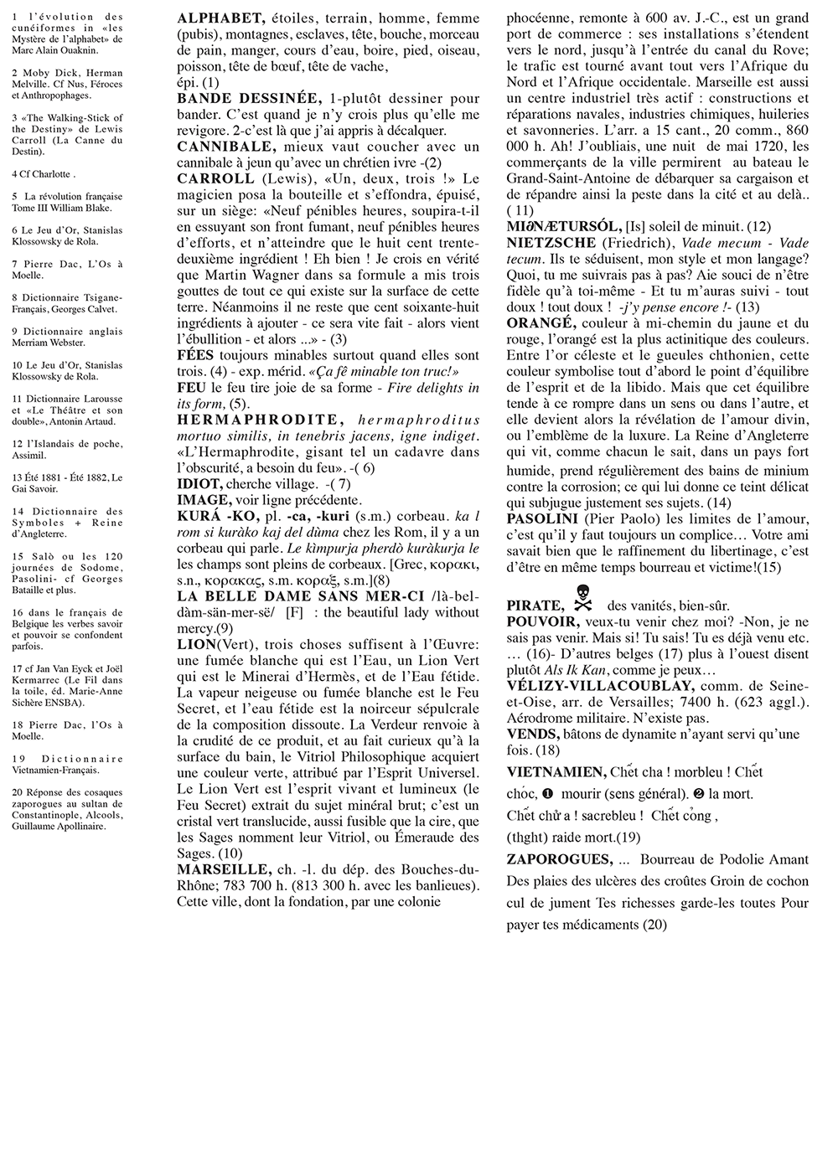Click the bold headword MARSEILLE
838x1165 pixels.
point(224,869)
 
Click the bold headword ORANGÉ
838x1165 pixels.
point(541,323)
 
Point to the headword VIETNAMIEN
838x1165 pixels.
point(556,772)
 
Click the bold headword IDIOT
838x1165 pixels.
point(199,484)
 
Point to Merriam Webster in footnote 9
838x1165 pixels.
point(48,343)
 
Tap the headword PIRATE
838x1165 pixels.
point(534,606)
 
